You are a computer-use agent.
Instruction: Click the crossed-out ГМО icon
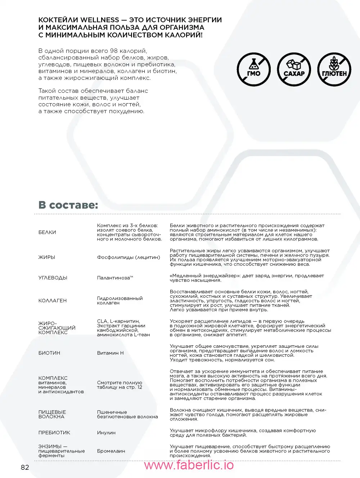click(x=254, y=69)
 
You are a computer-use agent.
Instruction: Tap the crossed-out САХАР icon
click(x=294, y=69)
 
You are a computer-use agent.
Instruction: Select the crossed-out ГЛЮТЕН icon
click(x=334, y=69)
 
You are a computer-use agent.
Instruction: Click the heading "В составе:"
click(x=68, y=205)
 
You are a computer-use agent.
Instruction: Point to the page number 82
click(x=25, y=467)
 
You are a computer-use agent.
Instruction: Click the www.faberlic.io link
click(x=189, y=465)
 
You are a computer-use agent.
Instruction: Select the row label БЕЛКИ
click(x=47, y=232)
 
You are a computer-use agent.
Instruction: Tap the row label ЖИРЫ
click(x=47, y=257)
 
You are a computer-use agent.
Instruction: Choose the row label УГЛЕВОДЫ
click(x=53, y=278)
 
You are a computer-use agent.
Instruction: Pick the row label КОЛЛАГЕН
click(x=53, y=301)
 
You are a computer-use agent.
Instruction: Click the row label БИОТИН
click(x=49, y=353)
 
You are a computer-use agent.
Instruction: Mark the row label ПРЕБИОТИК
click(x=54, y=433)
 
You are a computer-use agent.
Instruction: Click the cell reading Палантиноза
click(x=115, y=278)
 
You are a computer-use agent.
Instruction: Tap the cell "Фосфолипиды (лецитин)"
click(x=129, y=257)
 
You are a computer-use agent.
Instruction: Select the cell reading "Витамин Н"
click(x=110, y=353)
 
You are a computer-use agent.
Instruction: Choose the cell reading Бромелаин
click(x=111, y=451)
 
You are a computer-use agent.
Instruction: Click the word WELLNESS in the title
click(x=100, y=20)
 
